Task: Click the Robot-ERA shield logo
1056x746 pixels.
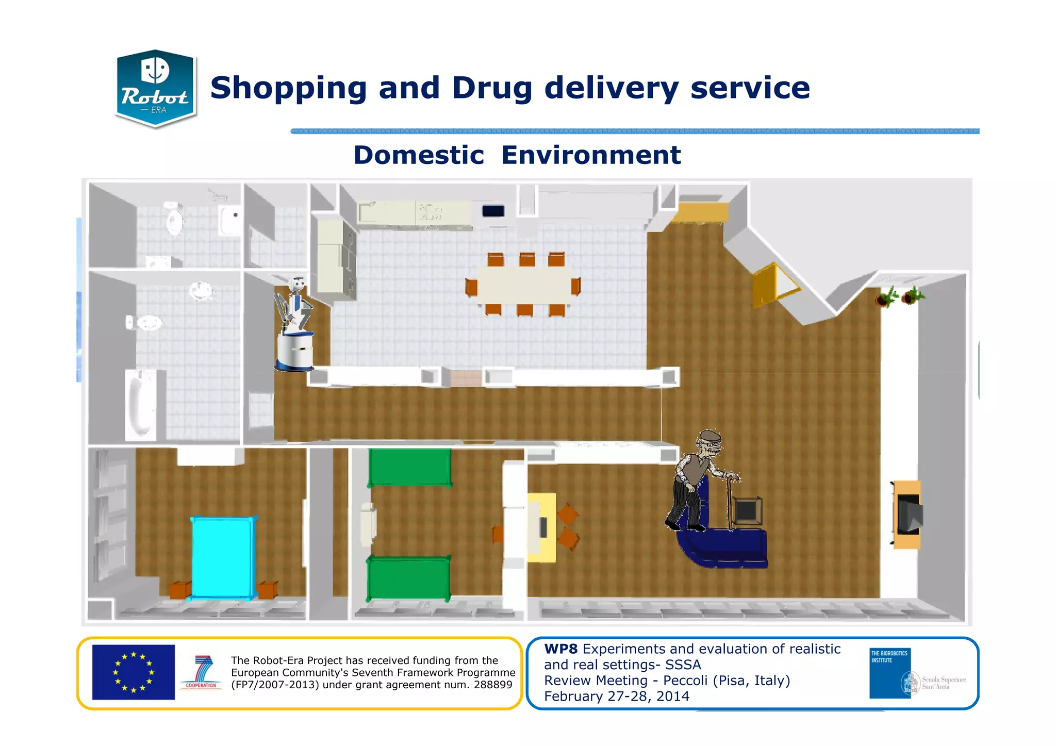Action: pyautogui.click(x=155, y=88)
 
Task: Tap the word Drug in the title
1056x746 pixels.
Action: pyautogui.click(x=492, y=88)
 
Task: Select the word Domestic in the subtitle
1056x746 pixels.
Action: pyautogui.click(x=419, y=155)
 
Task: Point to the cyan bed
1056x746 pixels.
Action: pyautogui.click(x=223, y=557)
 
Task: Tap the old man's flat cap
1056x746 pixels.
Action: pyautogui.click(x=710, y=436)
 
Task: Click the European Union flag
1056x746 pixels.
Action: pyautogui.click(x=134, y=672)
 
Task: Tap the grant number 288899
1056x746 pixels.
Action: pyautogui.click(x=492, y=685)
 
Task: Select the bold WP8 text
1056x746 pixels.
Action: pyautogui.click(x=560, y=649)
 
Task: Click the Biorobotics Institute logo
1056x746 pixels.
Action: pyautogui.click(x=890, y=673)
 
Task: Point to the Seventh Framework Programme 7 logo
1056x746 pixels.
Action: pyautogui.click(x=202, y=672)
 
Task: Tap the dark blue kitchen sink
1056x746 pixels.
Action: pyautogui.click(x=493, y=211)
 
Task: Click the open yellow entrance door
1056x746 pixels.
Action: pyautogui.click(x=771, y=285)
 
